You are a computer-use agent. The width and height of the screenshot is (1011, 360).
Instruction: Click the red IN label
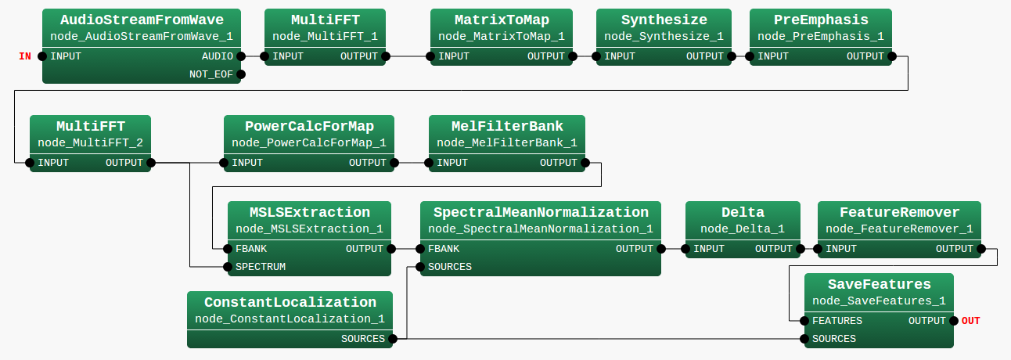tap(25, 56)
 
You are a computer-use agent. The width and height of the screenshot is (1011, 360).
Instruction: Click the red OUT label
tap(970, 321)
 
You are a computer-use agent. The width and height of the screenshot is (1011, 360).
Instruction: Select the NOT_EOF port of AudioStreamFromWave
tap(241, 74)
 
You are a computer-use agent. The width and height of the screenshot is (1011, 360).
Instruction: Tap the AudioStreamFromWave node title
tap(142, 20)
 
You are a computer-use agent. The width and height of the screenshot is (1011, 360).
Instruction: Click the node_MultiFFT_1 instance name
tap(325, 37)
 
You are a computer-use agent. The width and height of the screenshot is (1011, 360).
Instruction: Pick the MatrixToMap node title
tap(501, 20)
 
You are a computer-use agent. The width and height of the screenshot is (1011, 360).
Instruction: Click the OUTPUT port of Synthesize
tap(732, 56)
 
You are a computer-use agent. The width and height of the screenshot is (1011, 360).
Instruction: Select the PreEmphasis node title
tap(820, 20)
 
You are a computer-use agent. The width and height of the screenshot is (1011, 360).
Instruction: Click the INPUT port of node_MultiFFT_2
tap(30, 163)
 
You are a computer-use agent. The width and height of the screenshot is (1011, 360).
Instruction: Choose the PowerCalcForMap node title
tap(309, 126)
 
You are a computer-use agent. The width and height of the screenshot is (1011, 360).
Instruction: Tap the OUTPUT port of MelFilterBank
tap(583, 163)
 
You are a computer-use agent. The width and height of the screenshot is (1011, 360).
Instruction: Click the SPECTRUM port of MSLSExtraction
tap(228, 267)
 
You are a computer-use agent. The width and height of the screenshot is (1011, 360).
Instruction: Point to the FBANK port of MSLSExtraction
tap(228, 249)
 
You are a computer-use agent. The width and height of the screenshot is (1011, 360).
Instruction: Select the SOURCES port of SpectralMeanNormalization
tap(421, 267)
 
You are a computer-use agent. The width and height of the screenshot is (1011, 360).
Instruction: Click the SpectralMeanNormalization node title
tap(541, 212)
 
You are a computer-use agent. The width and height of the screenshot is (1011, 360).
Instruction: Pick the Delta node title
tap(743, 212)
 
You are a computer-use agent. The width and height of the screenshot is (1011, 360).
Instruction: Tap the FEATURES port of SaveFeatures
tap(805, 321)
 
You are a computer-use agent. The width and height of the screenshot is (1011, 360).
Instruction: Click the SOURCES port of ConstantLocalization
tap(393, 339)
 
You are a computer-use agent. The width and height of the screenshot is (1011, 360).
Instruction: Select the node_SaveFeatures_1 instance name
tap(879, 301)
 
